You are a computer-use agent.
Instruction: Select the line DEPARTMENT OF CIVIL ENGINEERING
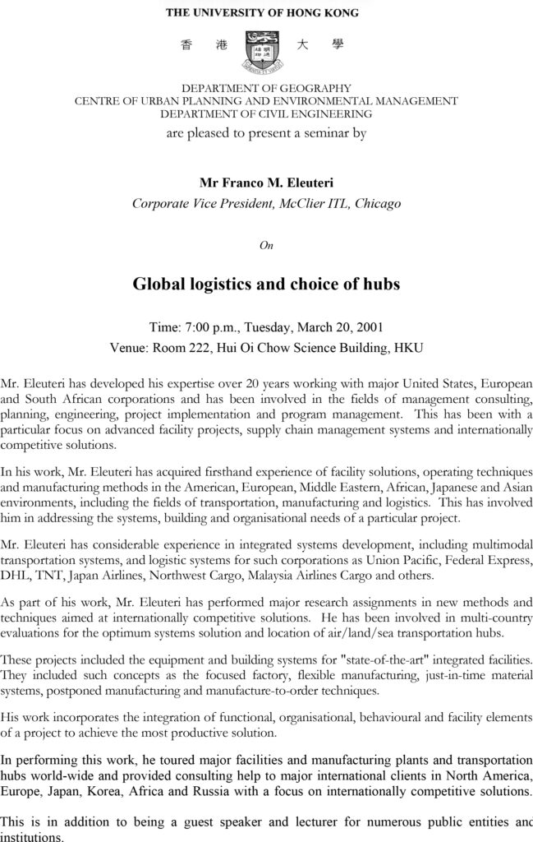(266, 114)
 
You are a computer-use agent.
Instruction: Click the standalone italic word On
(266, 245)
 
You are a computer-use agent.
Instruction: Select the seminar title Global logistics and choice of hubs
(266, 285)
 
